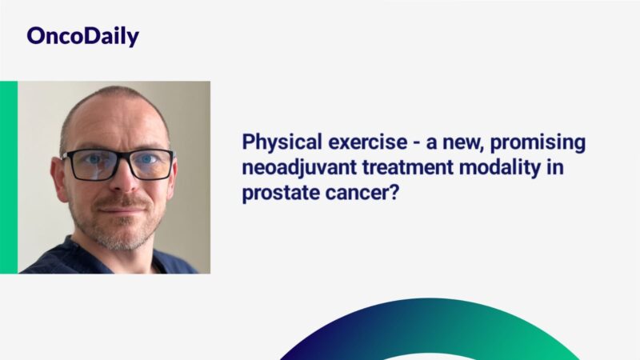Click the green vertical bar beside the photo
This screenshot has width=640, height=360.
pyautogui.click(x=9, y=177)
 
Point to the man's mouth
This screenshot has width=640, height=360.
pyautogui.click(x=121, y=206)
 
